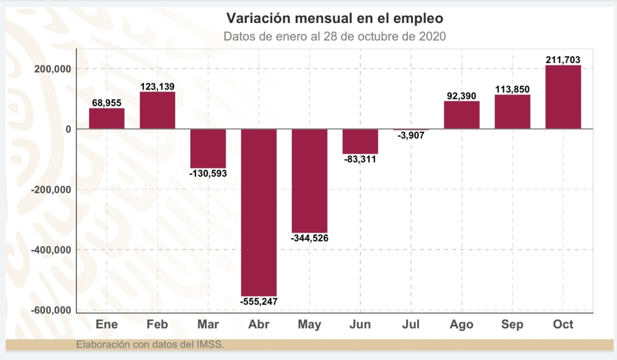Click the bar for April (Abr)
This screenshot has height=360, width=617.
click(259, 212)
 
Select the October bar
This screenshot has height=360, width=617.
click(563, 97)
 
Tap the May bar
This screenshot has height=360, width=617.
click(309, 180)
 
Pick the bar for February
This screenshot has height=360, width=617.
click(157, 110)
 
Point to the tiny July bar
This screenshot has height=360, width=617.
click(411, 130)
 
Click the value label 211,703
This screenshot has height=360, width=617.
click(563, 59)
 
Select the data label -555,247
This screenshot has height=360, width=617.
click(259, 302)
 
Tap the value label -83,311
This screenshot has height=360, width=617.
click(360, 160)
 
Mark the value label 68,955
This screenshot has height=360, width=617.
click(106, 103)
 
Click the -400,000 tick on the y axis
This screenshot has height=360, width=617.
click(51, 250)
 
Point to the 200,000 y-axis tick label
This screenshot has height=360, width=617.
click(53, 69)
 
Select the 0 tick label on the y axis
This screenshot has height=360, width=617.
click(68, 129)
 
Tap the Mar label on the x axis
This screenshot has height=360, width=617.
click(208, 325)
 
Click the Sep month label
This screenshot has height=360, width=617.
click(512, 325)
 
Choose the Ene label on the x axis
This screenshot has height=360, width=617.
click(107, 325)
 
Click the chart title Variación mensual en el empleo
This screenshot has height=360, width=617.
click(334, 19)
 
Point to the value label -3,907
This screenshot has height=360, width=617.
click(411, 137)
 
